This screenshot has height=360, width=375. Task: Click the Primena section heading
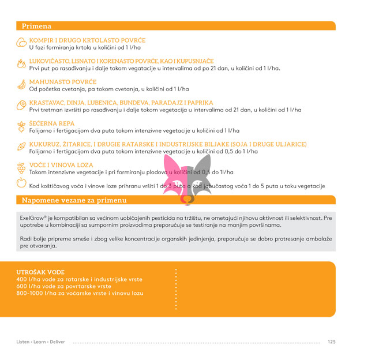36,26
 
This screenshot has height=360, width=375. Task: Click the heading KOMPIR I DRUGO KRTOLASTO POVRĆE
88,40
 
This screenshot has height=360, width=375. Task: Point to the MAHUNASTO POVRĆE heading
63,82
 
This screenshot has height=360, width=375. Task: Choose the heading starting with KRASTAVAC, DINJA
121,103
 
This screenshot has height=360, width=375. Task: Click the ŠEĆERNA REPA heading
52,123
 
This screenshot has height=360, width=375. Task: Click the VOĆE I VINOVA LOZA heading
61,165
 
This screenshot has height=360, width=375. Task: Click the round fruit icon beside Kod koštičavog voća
21,183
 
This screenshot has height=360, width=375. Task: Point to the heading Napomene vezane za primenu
74,200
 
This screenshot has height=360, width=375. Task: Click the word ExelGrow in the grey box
32,218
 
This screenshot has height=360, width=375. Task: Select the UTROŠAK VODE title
40,272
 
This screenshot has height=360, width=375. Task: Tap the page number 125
331,342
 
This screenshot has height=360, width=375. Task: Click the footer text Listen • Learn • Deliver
40,342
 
